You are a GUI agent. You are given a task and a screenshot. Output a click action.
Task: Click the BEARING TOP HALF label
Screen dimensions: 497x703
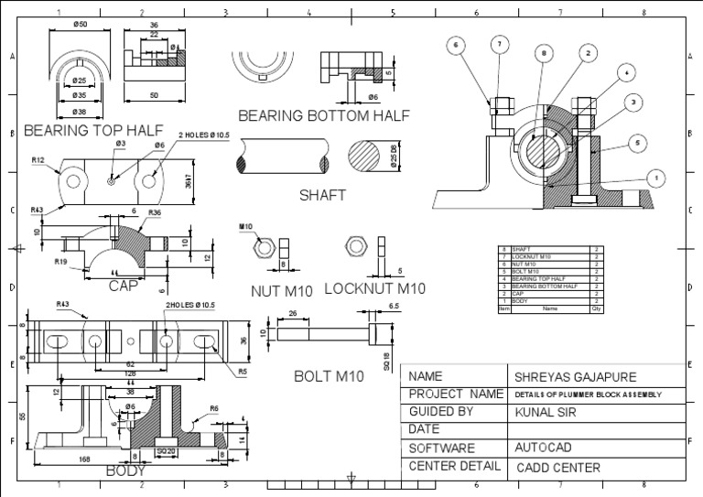(x=95, y=130)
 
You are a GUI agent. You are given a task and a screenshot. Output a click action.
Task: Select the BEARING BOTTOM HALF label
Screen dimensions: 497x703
(x=323, y=115)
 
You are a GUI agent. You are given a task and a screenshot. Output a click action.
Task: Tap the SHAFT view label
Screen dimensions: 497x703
(x=322, y=195)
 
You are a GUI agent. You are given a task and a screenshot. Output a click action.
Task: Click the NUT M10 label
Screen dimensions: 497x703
(x=282, y=291)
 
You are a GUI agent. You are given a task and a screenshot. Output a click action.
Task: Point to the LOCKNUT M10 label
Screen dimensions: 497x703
(x=375, y=289)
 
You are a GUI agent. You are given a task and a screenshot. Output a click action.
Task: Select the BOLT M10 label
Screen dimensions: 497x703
(x=330, y=375)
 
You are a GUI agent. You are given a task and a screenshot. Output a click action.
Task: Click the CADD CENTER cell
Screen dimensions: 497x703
(x=558, y=468)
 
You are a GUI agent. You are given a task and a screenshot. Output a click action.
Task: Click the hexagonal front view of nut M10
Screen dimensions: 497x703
(x=262, y=247)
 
